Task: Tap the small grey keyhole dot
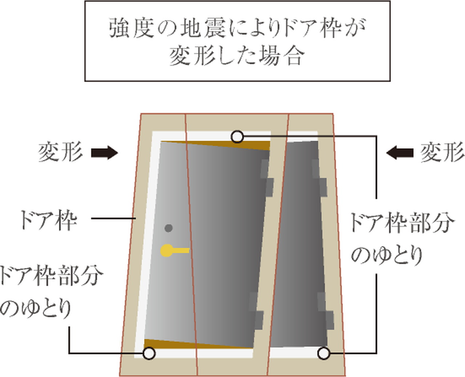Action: pos(168,228)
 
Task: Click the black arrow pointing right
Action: pos(104,153)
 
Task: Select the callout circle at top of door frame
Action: pos(237,137)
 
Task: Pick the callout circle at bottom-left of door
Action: pos(149,353)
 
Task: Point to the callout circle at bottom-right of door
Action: pos(324,353)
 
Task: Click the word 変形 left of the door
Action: pos(60,152)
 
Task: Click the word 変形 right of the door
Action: pos(442,152)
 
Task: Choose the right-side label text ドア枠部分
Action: pos(401,222)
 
